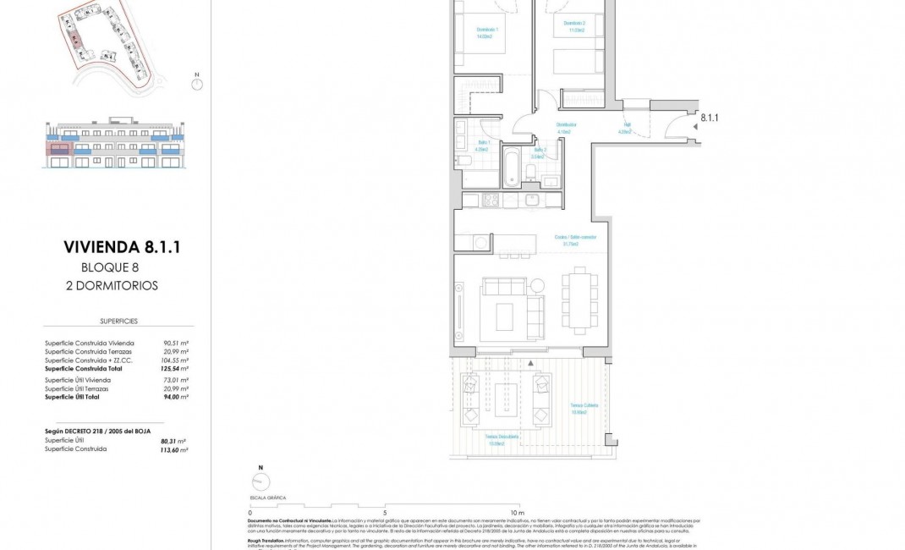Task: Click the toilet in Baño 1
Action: [463, 160]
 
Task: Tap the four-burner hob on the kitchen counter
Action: [491, 201]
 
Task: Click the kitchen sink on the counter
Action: [532, 201]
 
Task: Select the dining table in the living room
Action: [580, 301]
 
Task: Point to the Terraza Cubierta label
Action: [584, 408]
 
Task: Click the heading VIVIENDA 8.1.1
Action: [122, 247]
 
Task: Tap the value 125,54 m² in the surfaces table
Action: [175, 369]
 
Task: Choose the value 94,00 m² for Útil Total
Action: [175, 397]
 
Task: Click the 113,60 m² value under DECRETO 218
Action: [174, 449]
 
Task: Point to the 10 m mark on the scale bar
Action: [518, 513]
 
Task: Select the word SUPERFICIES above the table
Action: [118, 322]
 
